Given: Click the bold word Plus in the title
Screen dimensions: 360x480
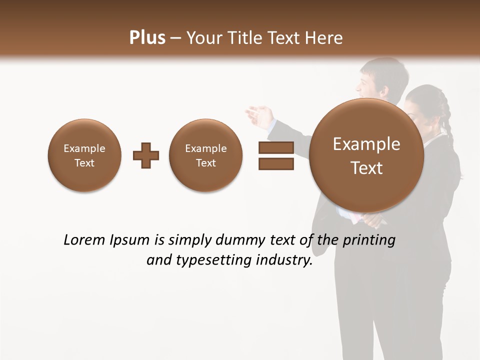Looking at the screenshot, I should coord(147,38).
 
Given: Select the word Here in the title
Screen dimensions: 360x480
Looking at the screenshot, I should coord(324,38).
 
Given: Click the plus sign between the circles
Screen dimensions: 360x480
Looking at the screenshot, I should coord(146,155).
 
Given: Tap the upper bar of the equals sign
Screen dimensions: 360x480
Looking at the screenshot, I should coord(276,147).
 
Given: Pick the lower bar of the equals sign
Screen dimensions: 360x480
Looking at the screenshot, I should coord(276,163).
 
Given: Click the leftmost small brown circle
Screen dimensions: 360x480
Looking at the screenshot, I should coord(84,155).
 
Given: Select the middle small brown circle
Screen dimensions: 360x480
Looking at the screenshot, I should coord(205,155).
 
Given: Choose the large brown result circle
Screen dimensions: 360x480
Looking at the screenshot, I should coord(366,155).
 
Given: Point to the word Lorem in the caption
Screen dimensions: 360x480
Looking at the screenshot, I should coord(84,240).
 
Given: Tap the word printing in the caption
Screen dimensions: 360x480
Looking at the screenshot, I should coord(368,240).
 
